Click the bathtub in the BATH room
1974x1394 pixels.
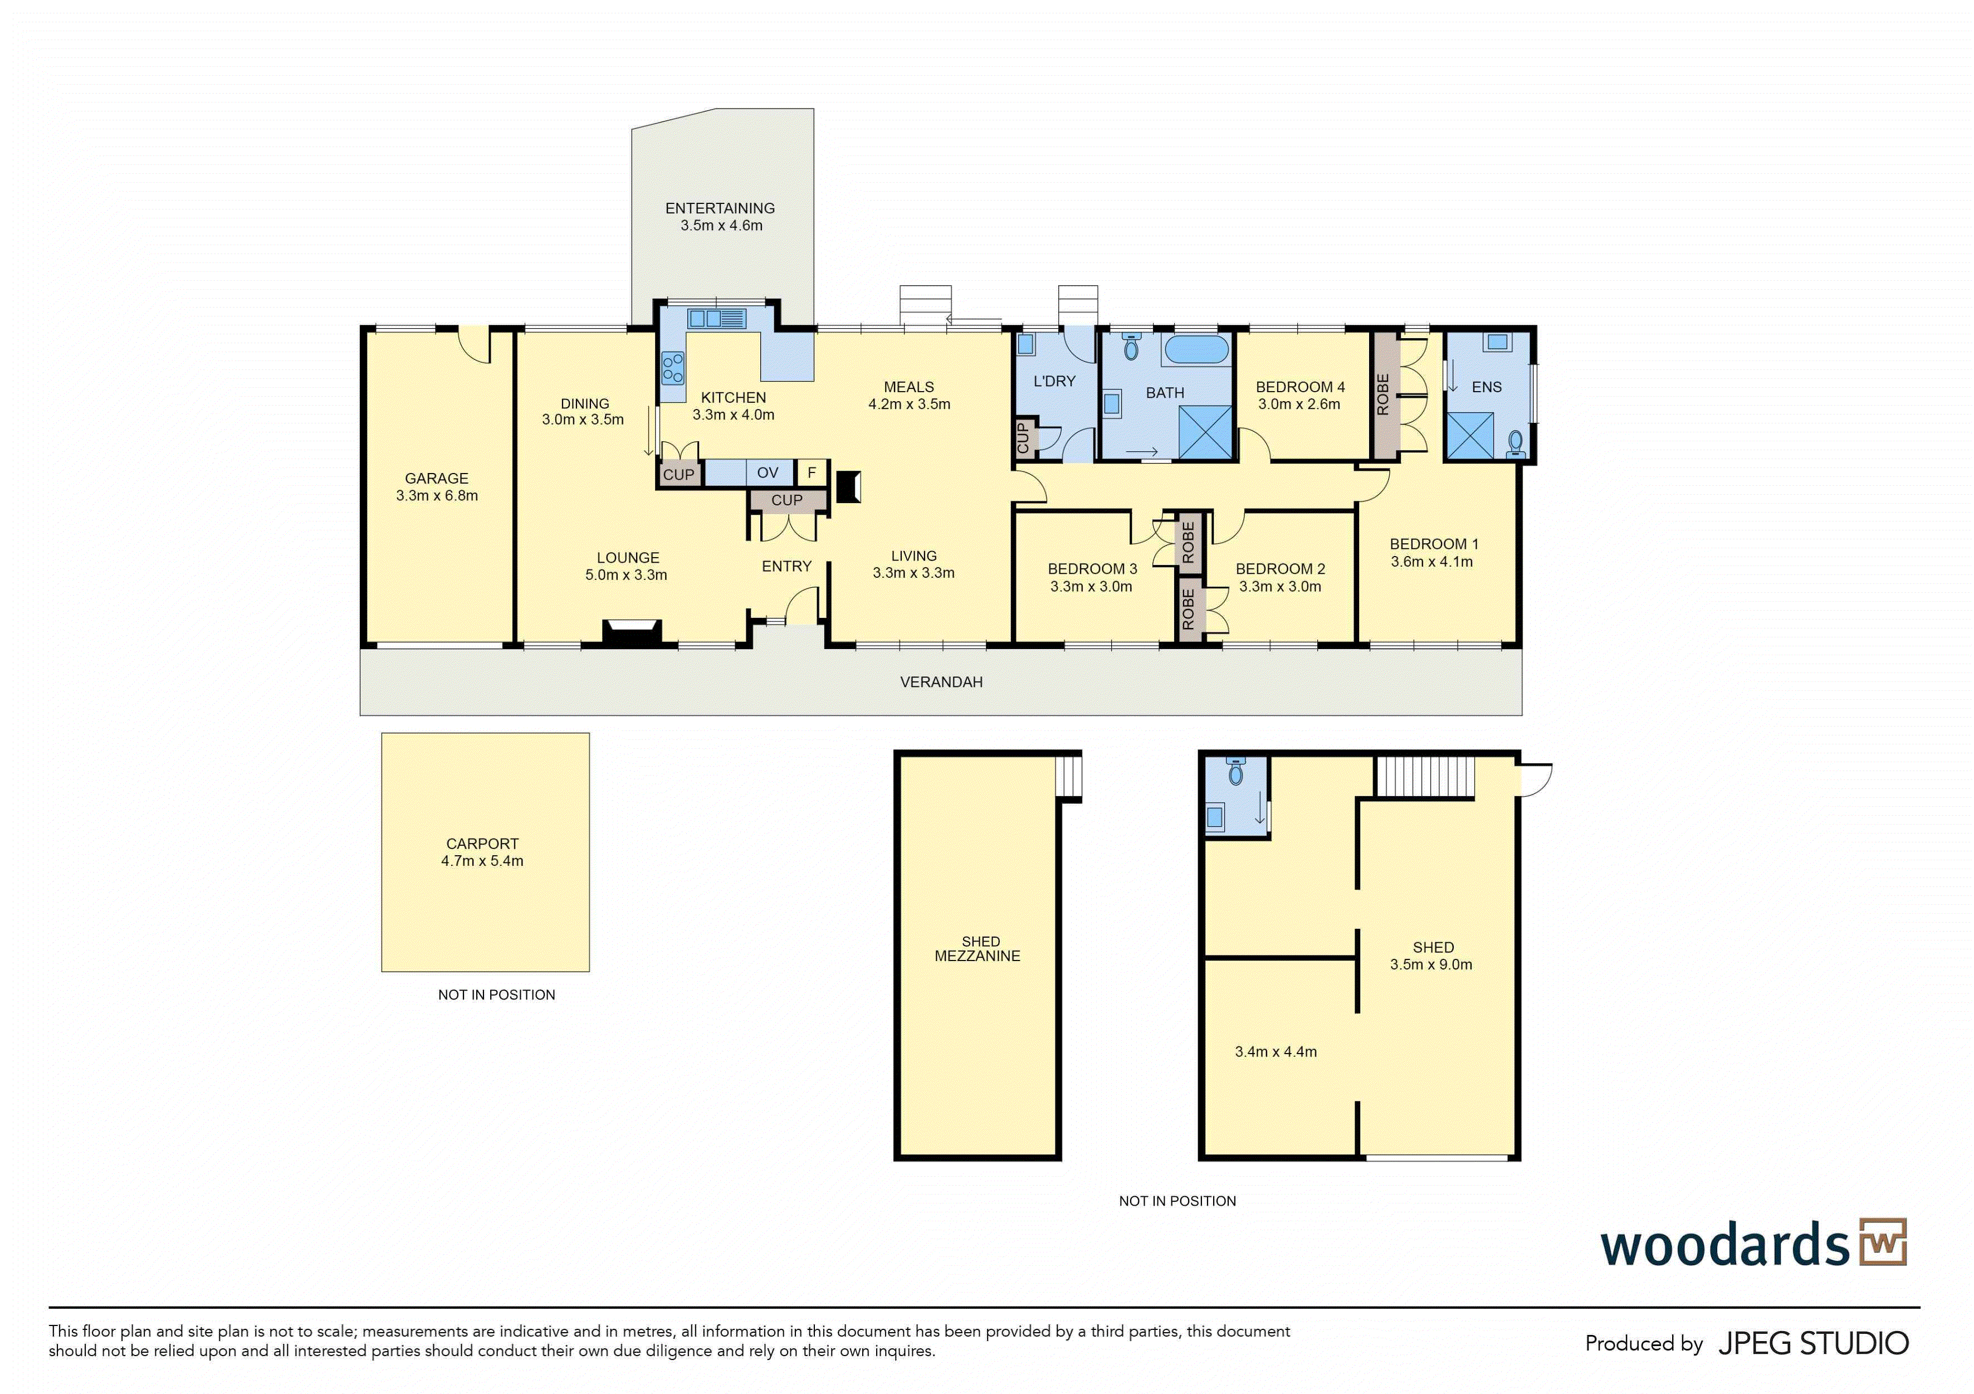click(1196, 349)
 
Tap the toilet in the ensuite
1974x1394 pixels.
click(1516, 443)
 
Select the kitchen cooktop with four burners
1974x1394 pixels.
click(673, 368)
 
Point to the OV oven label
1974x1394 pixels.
click(768, 472)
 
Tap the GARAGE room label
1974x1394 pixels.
click(437, 478)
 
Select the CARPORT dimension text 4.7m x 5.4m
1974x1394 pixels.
click(482, 861)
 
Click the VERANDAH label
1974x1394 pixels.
click(941, 682)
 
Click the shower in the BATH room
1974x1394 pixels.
click(1206, 432)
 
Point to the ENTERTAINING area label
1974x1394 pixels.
click(720, 208)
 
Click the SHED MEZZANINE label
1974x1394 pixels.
click(979, 948)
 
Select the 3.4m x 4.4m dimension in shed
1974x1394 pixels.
click(1276, 1052)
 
